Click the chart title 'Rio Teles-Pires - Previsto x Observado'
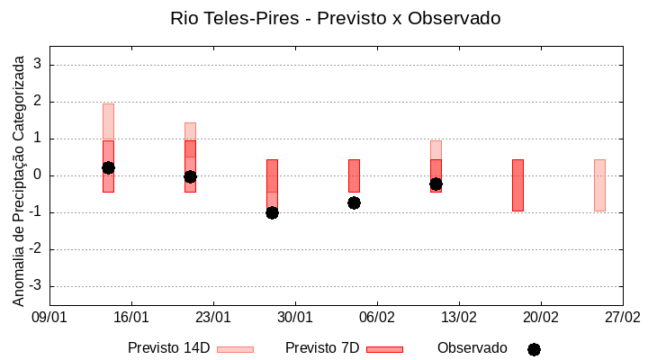click(335, 18)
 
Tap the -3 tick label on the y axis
click(36, 286)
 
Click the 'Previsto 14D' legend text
click(168, 348)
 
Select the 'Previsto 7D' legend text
click(322, 348)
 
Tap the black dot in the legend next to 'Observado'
click(534, 349)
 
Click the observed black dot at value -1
click(272, 212)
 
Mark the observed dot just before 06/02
click(354, 202)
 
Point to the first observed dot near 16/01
click(108, 167)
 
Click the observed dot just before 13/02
click(436, 184)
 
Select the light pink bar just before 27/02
click(599, 185)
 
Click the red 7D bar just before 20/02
click(517, 185)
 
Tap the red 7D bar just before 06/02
click(354, 176)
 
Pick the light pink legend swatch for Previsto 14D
click(235, 349)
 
